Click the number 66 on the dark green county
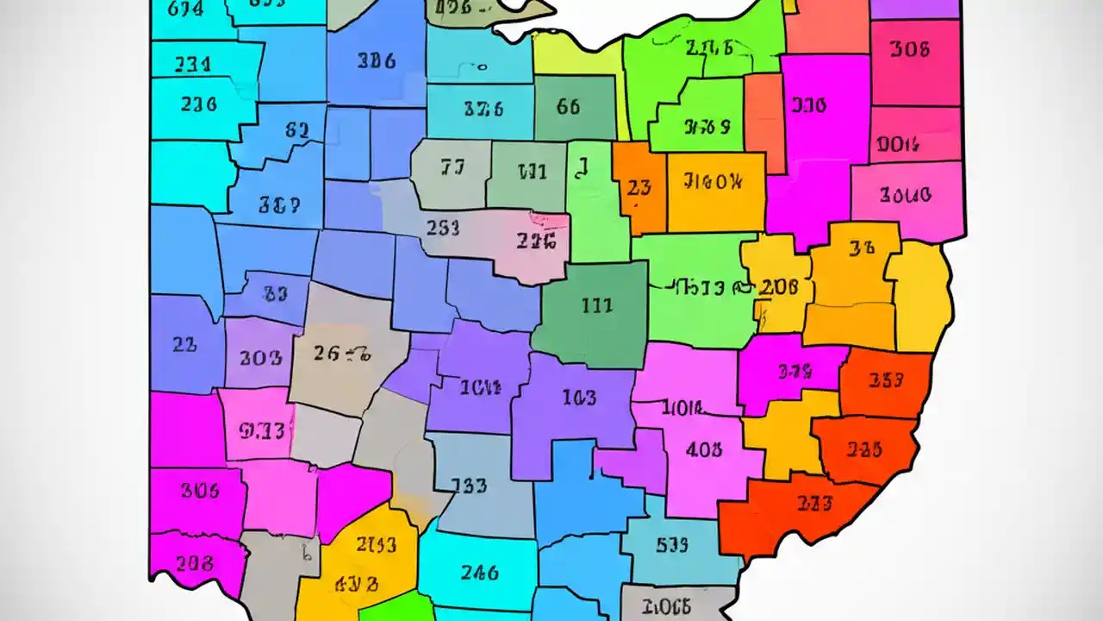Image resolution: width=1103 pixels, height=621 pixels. coord(568,108)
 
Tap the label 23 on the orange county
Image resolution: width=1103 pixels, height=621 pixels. coord(639,187)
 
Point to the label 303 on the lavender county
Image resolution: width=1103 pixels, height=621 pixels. coord(260,357)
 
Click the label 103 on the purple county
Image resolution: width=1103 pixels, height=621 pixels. coord(578,398)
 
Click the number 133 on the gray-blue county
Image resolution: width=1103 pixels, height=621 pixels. coord(469,486)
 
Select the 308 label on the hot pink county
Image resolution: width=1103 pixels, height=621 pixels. coord(910,50)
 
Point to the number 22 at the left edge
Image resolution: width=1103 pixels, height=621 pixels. coord(184,345)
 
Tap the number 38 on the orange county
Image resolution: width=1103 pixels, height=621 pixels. coord(862,248)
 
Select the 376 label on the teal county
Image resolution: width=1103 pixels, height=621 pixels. coord(483,110)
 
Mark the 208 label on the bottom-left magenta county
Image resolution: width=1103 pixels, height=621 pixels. coord(194,563)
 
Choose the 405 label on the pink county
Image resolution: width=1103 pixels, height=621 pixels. coord(704,449)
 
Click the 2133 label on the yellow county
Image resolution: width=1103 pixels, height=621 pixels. coord(377,545)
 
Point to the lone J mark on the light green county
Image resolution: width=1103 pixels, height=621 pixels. coord(583,166)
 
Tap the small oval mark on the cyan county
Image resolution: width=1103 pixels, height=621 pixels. coord(483,66)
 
